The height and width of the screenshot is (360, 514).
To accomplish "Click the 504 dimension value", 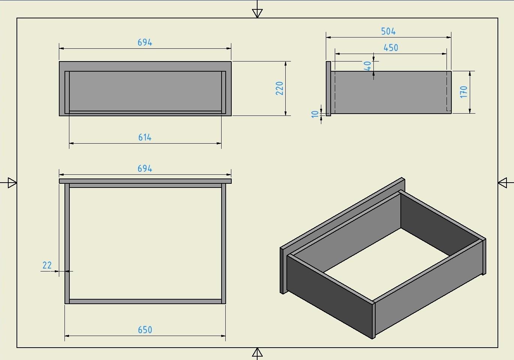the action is point(388,31).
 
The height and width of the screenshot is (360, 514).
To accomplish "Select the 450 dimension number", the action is point(391,48).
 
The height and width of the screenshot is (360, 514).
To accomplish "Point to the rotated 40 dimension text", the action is point(368,66).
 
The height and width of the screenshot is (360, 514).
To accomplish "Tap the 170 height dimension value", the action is point(464,92).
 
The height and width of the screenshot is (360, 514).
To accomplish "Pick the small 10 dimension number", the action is point(315,114).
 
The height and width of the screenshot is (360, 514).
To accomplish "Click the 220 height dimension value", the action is point(279,88).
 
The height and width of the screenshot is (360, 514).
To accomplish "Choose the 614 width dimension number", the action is point(145,137).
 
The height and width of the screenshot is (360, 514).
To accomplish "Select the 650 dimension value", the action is point(145,330).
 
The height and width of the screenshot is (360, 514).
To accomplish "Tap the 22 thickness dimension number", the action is point(47,265).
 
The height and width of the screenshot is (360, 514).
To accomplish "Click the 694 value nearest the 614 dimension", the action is point(145,42).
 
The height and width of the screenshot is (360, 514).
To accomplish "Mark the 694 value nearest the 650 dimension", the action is point(145,168).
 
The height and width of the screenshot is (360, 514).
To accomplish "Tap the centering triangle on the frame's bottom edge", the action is point(257,352).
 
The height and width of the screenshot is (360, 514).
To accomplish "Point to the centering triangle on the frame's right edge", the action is point(502,183).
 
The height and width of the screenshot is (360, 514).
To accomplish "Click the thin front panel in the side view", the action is point(328,88).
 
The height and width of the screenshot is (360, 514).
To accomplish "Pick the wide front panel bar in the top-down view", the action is point(145,181).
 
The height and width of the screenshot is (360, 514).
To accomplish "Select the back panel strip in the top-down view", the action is point(145,301).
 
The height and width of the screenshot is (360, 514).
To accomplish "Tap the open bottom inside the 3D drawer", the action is point(387,264).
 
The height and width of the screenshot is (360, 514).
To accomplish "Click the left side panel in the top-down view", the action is point(67,244).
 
